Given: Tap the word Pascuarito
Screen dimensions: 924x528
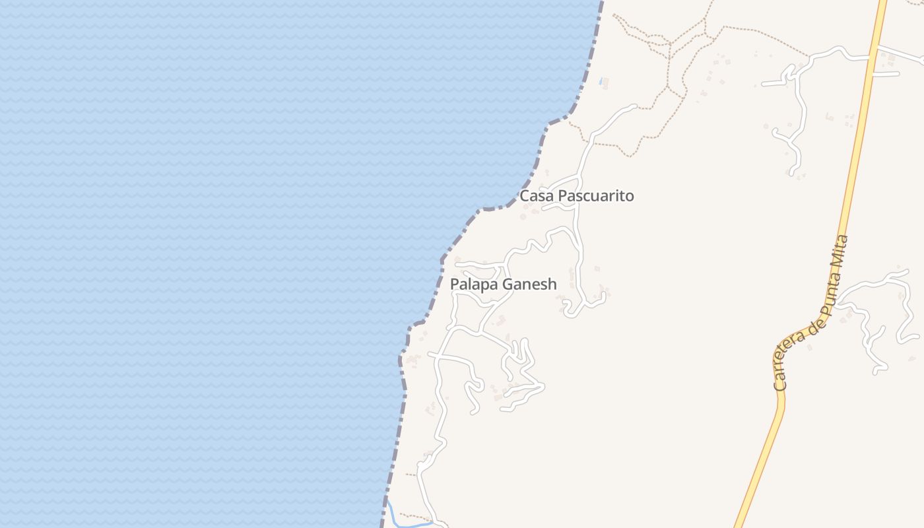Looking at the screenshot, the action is coord(596,196).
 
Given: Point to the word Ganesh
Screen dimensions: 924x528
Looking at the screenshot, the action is coord(530,284).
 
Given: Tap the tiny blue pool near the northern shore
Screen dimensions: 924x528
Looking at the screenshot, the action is coord(601,81).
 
